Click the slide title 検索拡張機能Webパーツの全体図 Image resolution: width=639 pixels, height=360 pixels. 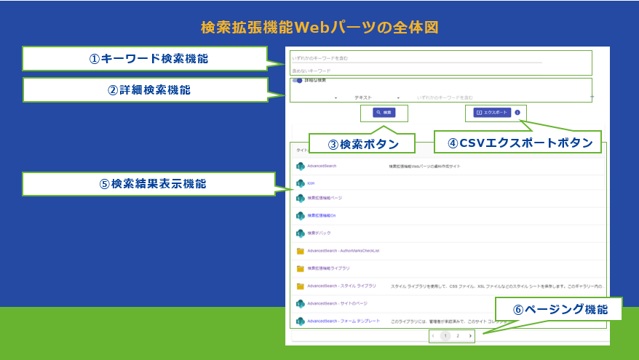[x=319, y=28]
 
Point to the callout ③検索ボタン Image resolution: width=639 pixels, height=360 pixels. [x=361, y=144]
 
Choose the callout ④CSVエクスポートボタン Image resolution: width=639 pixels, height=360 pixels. [x=520, y=143]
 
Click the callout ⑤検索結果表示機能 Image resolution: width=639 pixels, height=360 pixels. [x=148, y=184]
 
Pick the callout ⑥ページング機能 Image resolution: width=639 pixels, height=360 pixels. [x=560, y=309]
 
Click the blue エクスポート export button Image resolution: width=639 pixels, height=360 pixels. [x=492, y=113]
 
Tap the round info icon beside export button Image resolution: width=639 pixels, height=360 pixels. [x=517, y=113]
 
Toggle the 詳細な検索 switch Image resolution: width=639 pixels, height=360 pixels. [x=298, y=81]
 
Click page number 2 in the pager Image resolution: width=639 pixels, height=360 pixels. [x=458, y=336]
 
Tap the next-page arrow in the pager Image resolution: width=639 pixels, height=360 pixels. [x=470, y=336]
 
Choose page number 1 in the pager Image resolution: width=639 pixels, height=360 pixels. [x=445, y=336]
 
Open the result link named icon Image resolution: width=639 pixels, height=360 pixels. [x=311, y=183]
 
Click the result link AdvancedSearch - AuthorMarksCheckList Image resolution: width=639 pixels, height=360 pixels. [x=344, y=251]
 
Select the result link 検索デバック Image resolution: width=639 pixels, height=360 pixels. [x=319, y=233]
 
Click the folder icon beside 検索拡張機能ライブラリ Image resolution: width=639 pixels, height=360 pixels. [x=300, y=268]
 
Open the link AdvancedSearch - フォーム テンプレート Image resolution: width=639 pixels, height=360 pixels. [x=344, y=321]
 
